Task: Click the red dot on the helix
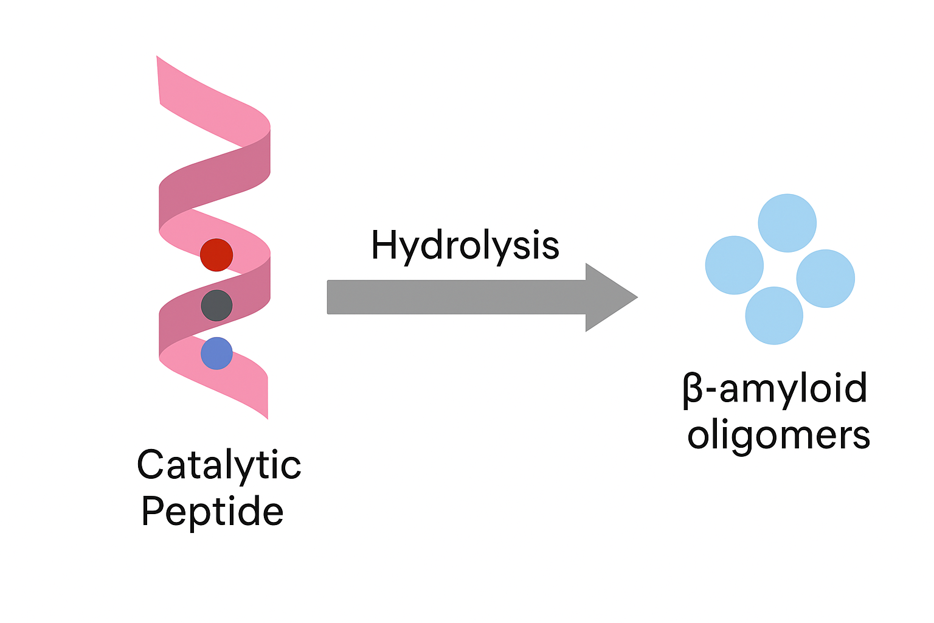pyautogui.click(x=216, y=254)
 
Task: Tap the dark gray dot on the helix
pyautogui.click(x=216, y=305)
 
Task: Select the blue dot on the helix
pyautogui.click(x=216, y=353)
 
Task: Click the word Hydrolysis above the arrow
pyautogui.click(x=465, y=246)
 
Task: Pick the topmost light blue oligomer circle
pyautogui.click(x=787, y=223)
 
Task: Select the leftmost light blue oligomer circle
pyautogui.click(x=734, y=265)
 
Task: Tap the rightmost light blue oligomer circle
pyautogui.click(x=825, y=278)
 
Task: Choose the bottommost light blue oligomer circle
pyautogui.click(x=774, y=316)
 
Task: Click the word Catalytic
pyautogui.click(x=219, y=465)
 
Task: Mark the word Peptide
pyautogui.click(x=212, y=511)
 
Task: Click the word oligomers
pyautogui.click(x=778, y=436)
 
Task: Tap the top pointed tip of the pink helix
pyautogui.click(x=158, y=58)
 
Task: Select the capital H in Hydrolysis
pyautogui.click(x=384, y=245)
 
